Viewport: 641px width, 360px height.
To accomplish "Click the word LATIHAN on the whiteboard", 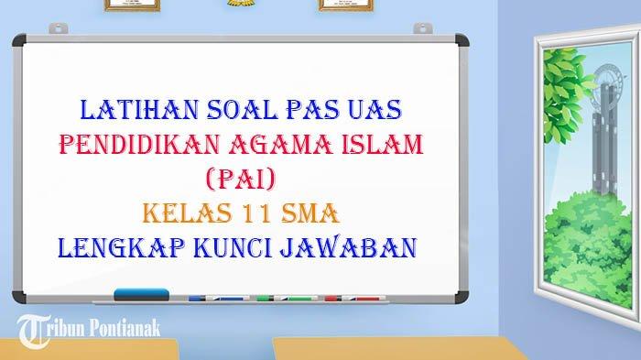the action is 139,110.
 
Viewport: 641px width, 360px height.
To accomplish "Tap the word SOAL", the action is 243,110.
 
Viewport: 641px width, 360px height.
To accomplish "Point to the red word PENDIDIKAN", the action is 139,145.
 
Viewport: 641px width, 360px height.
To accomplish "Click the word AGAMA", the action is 280,145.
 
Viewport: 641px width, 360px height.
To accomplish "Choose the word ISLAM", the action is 382,145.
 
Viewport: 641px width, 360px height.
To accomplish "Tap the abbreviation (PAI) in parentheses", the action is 241,180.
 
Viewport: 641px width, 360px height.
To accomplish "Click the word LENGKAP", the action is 121,247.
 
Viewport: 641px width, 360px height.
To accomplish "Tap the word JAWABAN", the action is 348,247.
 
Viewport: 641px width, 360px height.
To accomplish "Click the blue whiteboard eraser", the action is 141,295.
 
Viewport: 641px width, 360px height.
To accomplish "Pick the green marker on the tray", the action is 287,299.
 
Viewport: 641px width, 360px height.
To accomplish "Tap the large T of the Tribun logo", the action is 33,331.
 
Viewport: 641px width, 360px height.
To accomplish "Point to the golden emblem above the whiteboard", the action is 240,3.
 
